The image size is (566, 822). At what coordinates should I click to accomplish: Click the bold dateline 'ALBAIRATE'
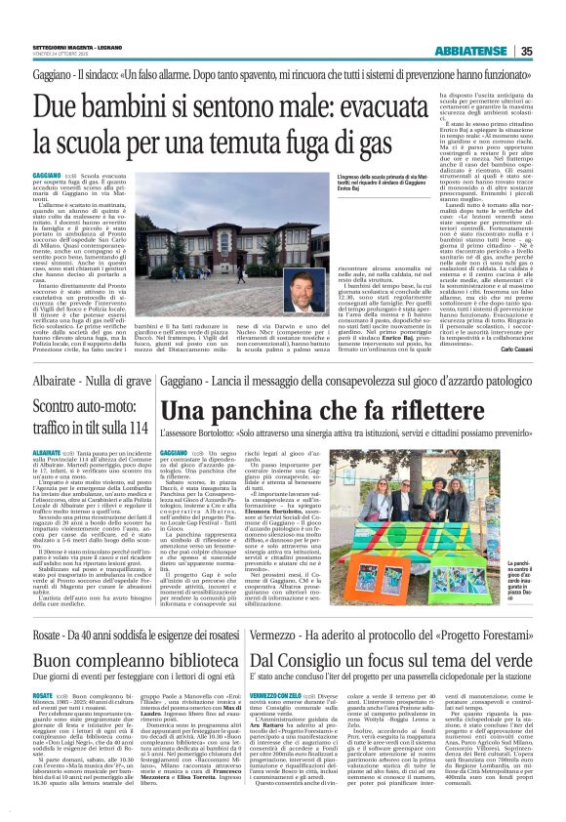pos(46,454)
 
